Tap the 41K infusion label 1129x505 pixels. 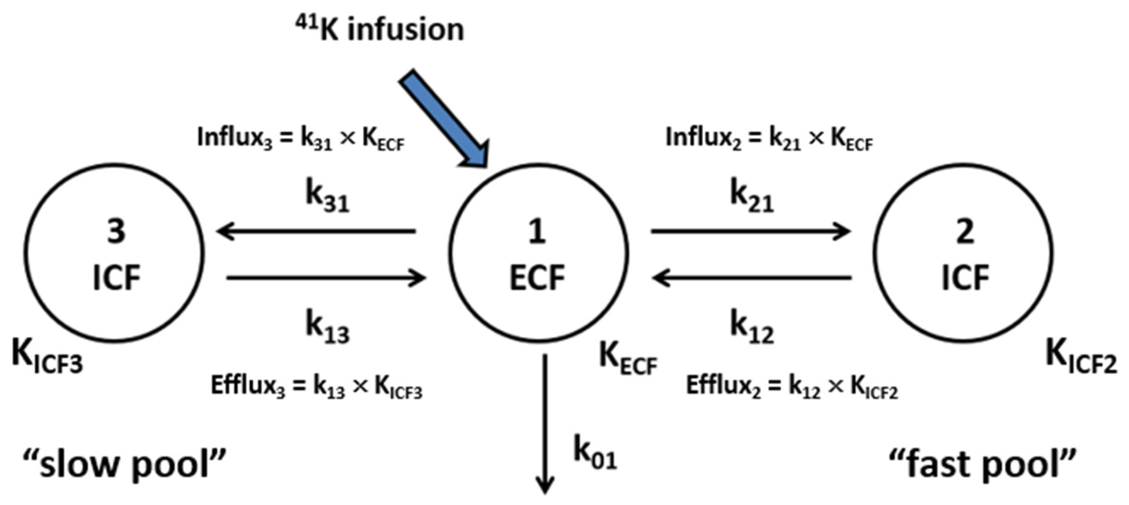(x=379, y=29)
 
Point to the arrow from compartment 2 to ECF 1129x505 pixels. (x=751, y=278)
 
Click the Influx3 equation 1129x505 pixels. (x=301, y=139)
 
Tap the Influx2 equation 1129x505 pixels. (x=769, y=139)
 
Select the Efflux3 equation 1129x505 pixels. (x=316, y=387)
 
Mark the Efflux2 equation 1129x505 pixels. (x=792, y=387)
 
